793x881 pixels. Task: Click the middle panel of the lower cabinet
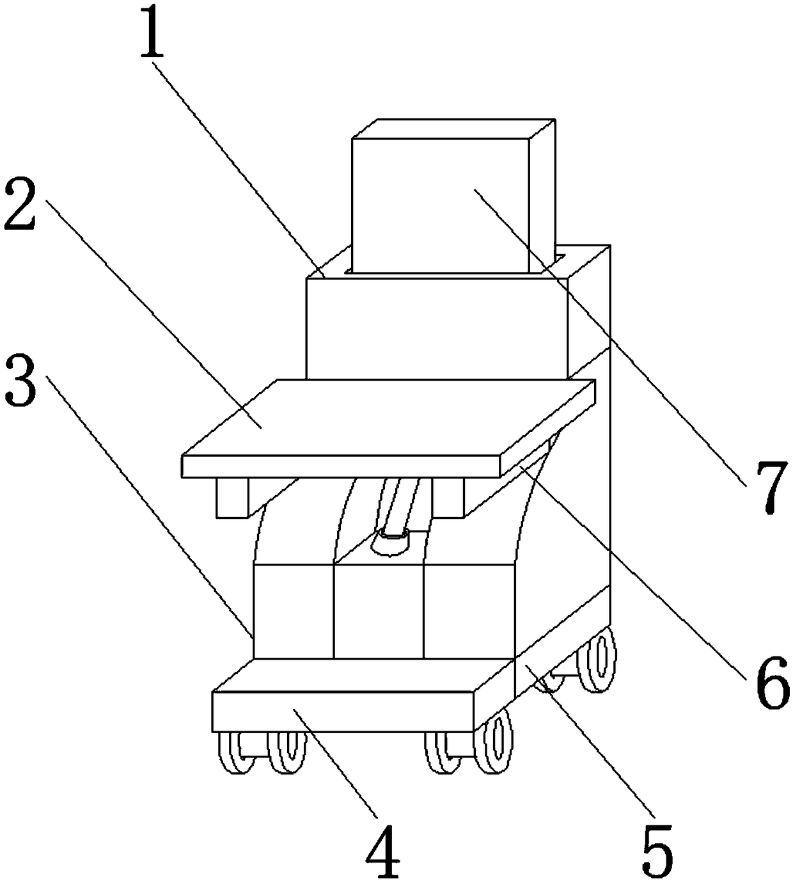tap(378, 611)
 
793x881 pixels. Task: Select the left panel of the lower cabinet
tap(293, 611)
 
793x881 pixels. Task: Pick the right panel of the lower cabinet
tap(469, 611)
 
